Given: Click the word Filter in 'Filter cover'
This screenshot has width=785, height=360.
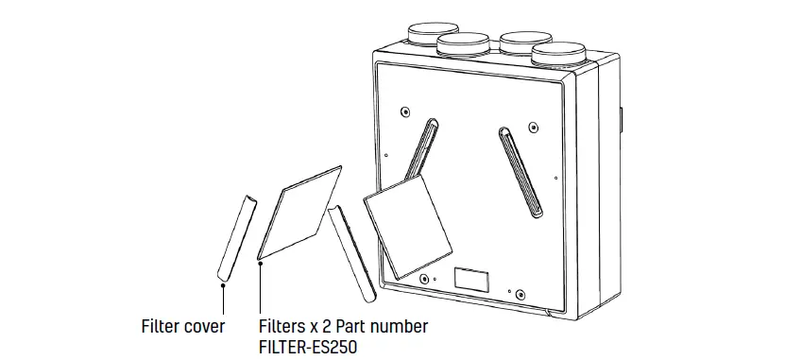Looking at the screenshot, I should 159,326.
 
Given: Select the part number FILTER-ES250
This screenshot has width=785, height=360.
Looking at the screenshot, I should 308,347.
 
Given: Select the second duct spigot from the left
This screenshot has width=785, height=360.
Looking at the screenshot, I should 464,43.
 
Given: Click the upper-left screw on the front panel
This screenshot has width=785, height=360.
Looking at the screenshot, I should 404,109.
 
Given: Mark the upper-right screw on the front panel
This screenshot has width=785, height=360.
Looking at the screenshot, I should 533,125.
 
